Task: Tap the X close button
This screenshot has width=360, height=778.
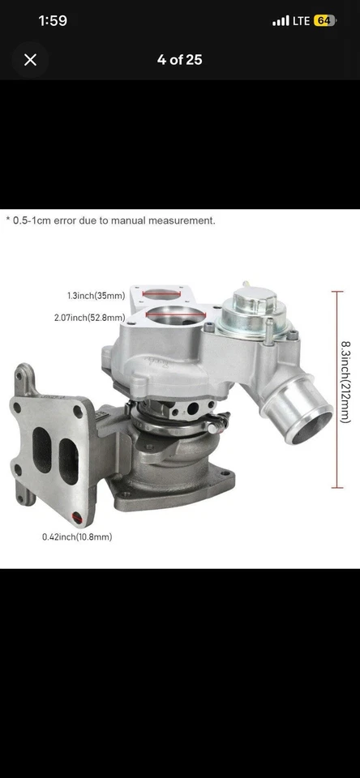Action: pos(30,59)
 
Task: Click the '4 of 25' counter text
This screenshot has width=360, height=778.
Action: pos(179,59)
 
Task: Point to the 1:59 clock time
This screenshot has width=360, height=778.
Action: pos(53,20)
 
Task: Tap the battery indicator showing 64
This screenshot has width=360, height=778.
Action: pos(324,20)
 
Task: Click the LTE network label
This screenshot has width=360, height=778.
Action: pos(301,20)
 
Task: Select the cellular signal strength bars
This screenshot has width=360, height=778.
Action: pos(281,20)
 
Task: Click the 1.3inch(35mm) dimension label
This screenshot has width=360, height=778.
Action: pos(96,296)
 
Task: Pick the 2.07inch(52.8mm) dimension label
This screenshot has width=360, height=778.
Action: pos(96,318)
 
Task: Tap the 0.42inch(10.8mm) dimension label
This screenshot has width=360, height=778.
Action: pos(77,536)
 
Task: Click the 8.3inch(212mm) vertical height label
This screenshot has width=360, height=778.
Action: pos(345,382)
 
